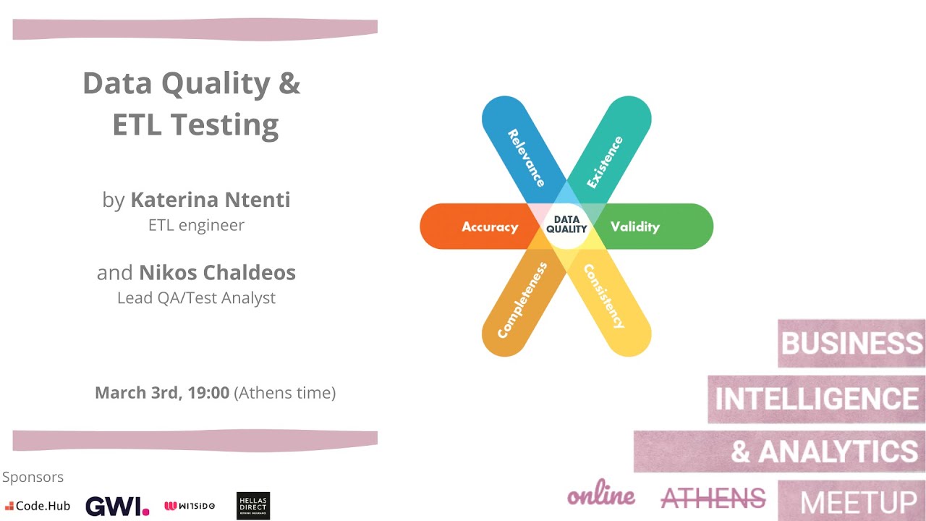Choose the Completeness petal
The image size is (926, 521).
pos(522,298)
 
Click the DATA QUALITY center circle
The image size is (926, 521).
pos(566,224)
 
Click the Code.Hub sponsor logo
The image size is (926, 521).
pos(38,506)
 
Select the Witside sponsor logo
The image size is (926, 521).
pos(190,506)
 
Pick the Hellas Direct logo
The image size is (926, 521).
pos(253,506)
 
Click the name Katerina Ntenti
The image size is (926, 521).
pos(211,200)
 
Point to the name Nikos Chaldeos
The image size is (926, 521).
pos(217,273)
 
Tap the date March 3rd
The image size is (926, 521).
pos(137,393)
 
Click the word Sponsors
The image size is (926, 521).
pos(33,477)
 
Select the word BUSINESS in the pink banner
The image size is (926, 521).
pos(851,343)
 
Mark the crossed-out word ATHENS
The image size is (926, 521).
pos(713,498)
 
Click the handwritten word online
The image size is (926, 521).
pos(601,496)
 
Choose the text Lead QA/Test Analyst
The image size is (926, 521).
pos(196,297)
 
